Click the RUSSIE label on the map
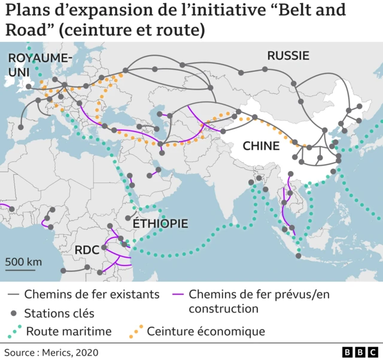[288, 56]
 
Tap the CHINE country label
[260, 146]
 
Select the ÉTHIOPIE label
[160, 224]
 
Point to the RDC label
[87, 250]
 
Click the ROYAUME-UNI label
[39, 64]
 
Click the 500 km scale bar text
[23, 262]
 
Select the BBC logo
[357, 352]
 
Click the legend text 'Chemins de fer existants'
[92, 294]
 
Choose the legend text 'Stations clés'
[59, 313]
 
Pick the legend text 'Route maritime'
[69, 331]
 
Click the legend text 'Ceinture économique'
[206, 331]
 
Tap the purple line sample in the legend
[177, 295]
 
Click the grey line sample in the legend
[13, 295]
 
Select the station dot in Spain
[21, 127]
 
